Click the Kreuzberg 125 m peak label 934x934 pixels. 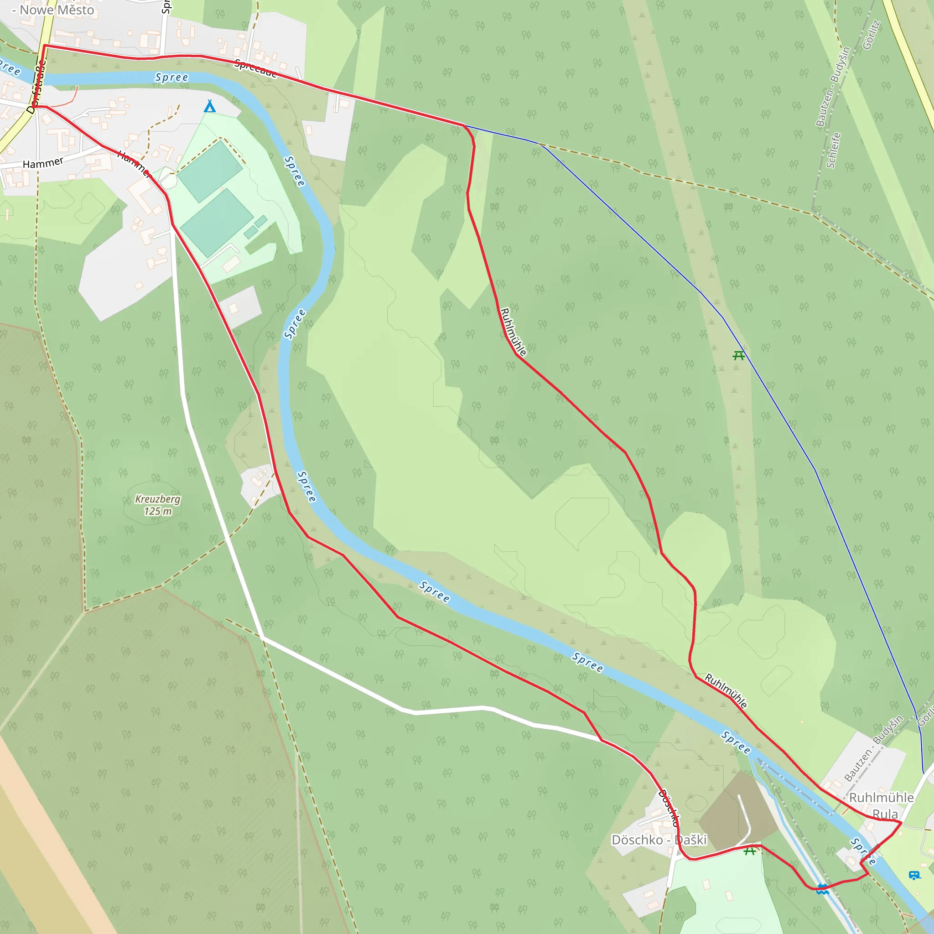pyautogui.click(x=158, y=505)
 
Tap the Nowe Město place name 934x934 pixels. pyautogui.click(x=56, y=10)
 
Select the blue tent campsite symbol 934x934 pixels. pyautogui.click(x=209, y=106)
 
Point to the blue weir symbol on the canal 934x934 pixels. pyautogui.click(x=823, y=888)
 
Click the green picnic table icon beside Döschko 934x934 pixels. pyautogui.click(x=750, y=851)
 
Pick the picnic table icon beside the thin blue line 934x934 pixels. pyautogui.click(x=738, y=355)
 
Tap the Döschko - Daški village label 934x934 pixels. pyautogui.click(x=659, y=840)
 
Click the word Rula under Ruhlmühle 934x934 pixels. pyautogui.click(x=885, y=814)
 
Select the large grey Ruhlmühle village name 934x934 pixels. pyautogui.click(x=881, y=797)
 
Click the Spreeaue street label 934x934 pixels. pyautogui.click(x=256, y=68)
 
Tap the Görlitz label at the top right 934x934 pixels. pyautogui.click(x=872, y=35)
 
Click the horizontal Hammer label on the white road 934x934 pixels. pyautogui.click(x=43, y=163)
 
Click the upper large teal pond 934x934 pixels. pyautogui.click(x=210, y=171)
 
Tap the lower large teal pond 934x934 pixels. pyautogui.click(x=217, y=222)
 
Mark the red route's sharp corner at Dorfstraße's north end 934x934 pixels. pyautogui.click(x=45, y=46)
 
